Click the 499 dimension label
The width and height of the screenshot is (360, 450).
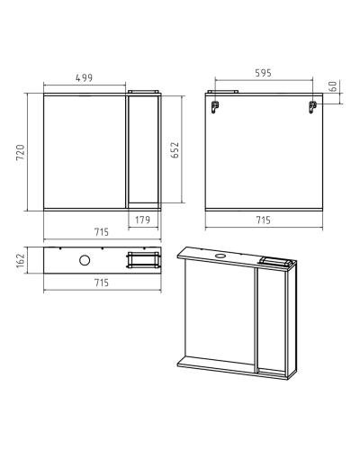[84, 78]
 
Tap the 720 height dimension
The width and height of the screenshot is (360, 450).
[21, 152]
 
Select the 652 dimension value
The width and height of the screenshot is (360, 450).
[175, 150]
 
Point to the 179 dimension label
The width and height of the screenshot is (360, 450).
[142, 220]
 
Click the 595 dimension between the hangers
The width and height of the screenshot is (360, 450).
[263, 73]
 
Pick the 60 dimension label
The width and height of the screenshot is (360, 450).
[333, 86]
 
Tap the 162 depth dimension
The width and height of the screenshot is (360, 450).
[21, 261]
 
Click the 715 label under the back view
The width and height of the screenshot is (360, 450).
[263, 220]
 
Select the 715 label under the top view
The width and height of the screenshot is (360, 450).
[102, 283]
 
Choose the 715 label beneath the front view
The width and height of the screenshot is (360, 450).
[102, 232]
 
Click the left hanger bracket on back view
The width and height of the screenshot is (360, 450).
[215, 107]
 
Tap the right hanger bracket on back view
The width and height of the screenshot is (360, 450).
[312, 107]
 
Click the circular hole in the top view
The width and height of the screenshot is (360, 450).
[85, 260]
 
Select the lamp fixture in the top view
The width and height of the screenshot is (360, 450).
[143, 260]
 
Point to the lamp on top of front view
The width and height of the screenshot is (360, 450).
[143, 92]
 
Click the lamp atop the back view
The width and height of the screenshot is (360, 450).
[223, 92]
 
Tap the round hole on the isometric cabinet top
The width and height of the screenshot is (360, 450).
[221, 256]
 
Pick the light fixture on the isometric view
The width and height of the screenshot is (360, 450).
[275, 262]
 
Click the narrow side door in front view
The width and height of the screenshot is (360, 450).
[143, 149]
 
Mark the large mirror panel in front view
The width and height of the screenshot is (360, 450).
[85, 151]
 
